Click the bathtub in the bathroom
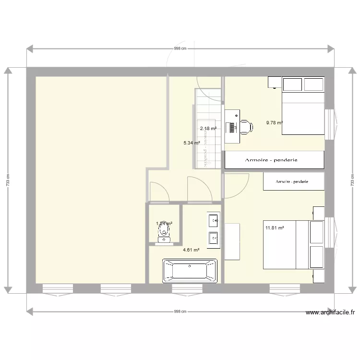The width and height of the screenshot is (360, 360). click(x=190, y=270)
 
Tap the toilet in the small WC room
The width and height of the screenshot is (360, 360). click(x=164, y=232)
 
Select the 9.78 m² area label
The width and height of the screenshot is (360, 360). click(x=275, y=123)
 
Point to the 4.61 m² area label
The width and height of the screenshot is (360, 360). click(x=191, y=250)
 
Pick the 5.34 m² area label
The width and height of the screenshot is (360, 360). click(x=192, y=143)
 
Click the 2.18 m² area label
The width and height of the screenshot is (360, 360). click(x=208, y=128)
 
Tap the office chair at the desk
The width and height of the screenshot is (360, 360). click(x=246, y=127)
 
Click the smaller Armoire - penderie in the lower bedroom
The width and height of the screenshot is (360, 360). click(x=292, y=181)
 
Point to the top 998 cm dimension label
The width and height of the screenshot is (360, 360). click(x=180, y=48)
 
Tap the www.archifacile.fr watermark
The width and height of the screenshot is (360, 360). click(x=330, y=312)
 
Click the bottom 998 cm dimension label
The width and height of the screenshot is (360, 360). click(x=180, y=311)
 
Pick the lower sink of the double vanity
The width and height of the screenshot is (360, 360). click(x=213, y=236)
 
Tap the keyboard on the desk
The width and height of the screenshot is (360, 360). click(x=233, y=128)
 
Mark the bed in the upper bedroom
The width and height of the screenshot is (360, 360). click(x=302, y=113)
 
